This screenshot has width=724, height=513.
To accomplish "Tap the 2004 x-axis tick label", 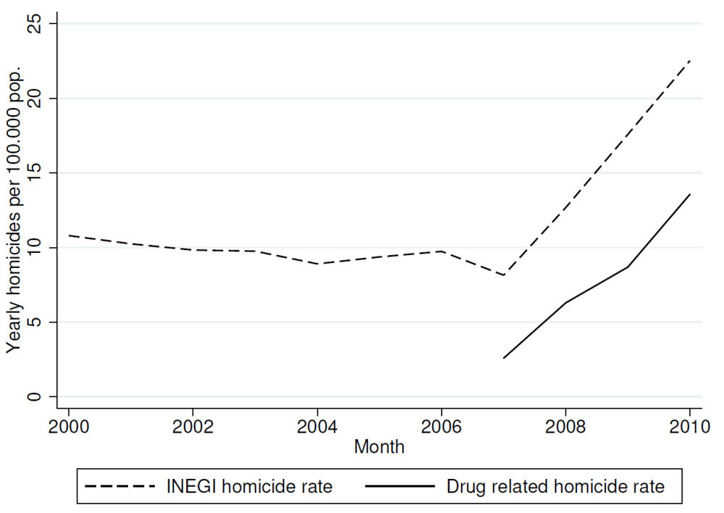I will click(x=316, y=428).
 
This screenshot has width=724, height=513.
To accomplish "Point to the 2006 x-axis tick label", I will click(x=441, y=428).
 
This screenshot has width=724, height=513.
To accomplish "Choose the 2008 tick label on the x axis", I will click(x=565, y=428).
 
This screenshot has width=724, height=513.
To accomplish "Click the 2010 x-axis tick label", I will click(x=689, y=428).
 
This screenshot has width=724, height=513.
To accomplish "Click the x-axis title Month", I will click(x=379, y=447).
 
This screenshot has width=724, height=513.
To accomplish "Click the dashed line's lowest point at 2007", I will click(x=503, y=275).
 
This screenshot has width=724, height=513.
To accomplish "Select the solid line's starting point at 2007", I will click(x=503, y=358).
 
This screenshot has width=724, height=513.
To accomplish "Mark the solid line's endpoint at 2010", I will click(x=690, y=194).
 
